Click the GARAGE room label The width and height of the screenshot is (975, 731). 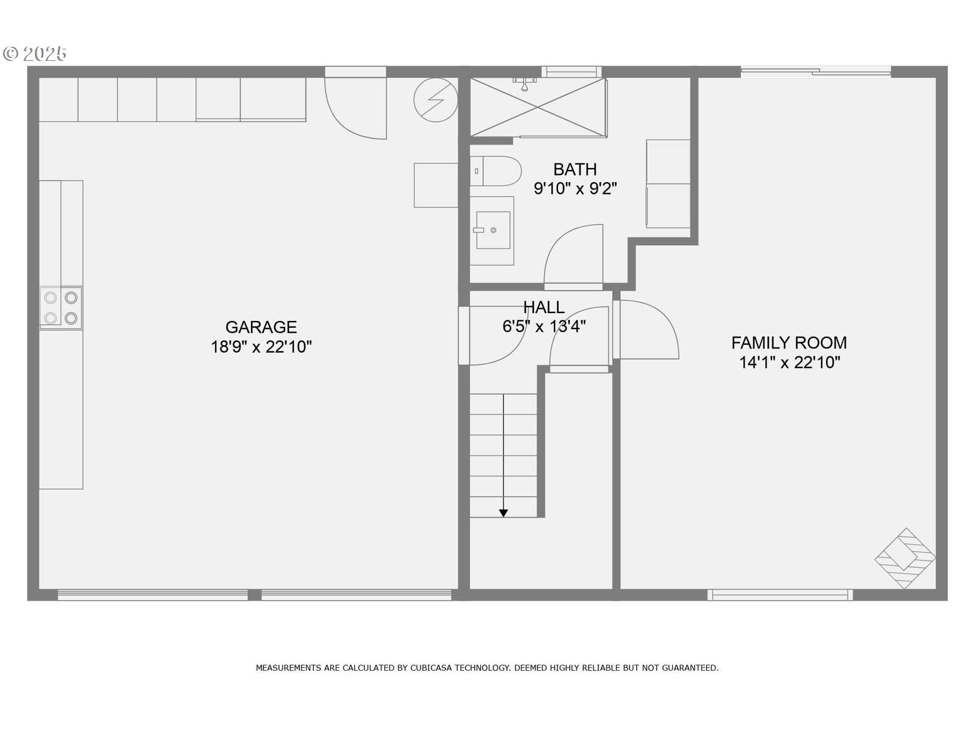point(261,327)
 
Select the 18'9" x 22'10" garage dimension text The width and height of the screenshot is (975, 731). point(261,347)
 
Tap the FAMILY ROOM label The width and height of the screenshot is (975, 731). point(789,342)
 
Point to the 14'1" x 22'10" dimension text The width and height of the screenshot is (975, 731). point(789,362)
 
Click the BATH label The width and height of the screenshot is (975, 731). point(575,169)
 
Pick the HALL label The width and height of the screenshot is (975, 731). point(544,307)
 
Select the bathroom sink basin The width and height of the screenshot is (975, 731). point(492,230)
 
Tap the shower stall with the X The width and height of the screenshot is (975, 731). point(537,107)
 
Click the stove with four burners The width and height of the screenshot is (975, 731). point(61,308)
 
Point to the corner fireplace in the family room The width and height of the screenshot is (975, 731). point(906,558)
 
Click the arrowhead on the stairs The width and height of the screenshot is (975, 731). point(503,514)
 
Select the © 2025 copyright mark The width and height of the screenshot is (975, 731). point(35,54)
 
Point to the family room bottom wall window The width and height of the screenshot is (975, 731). point(779,595)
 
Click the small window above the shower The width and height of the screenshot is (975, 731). point(571,72)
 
